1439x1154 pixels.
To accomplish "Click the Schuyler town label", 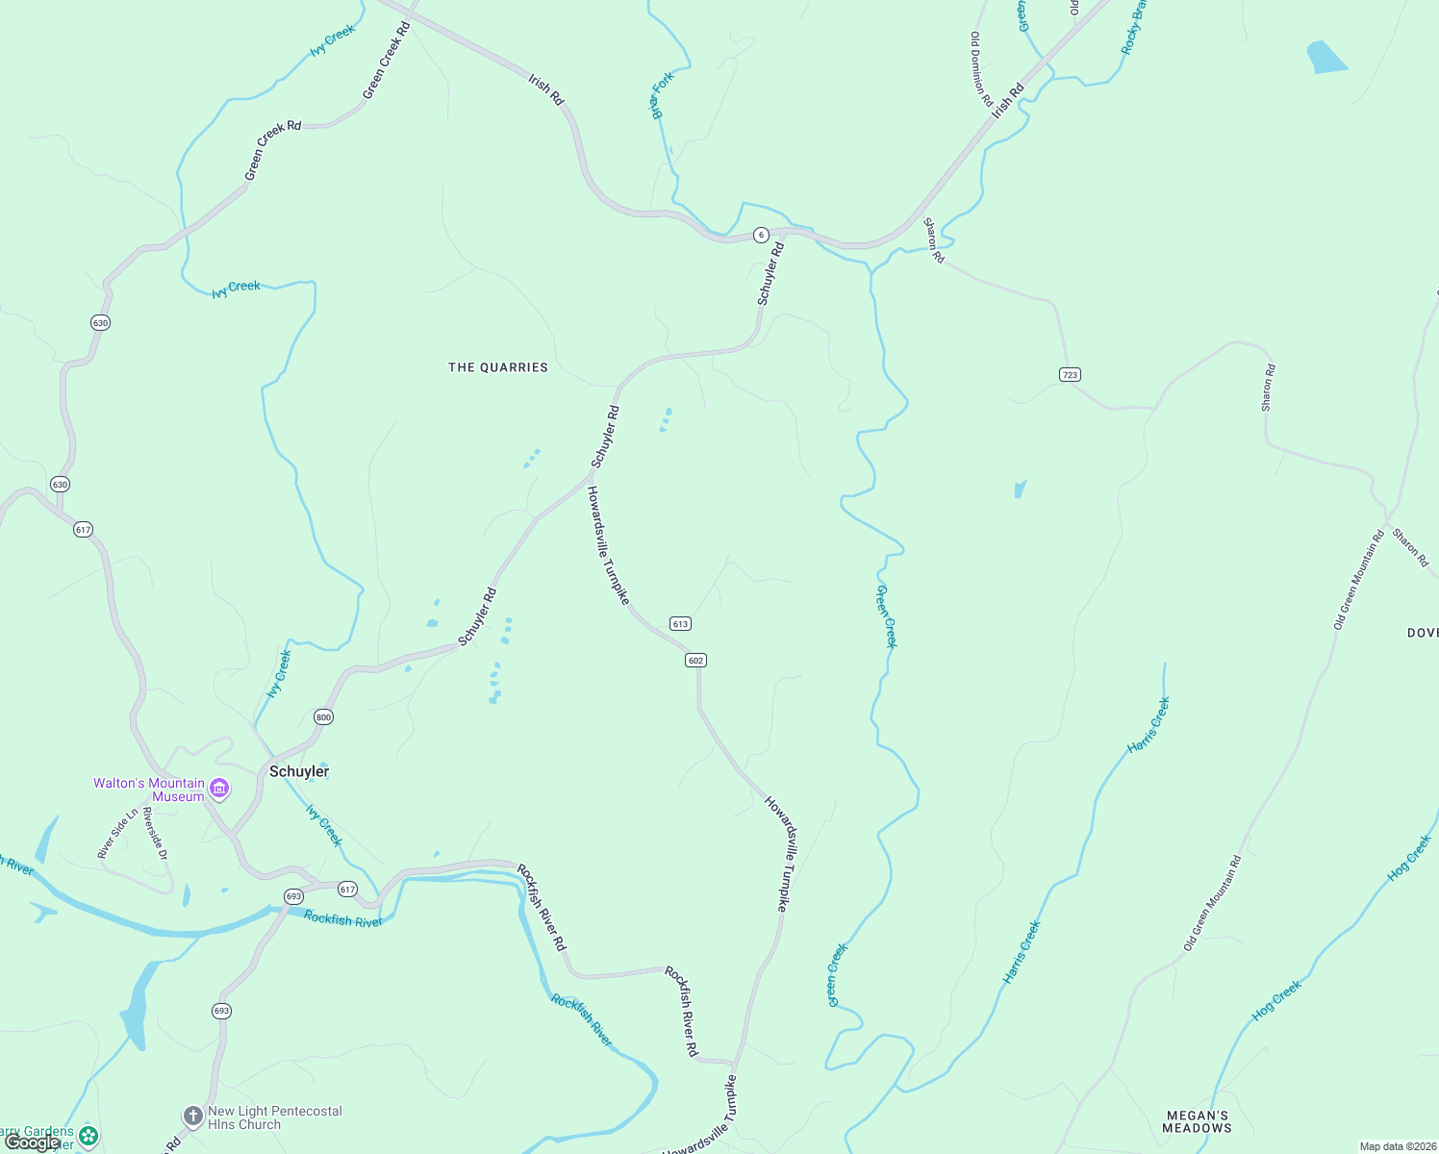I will (299, 771).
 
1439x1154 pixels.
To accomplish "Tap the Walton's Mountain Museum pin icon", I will (219, 790).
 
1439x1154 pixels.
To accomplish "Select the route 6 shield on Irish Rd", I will (761, 235).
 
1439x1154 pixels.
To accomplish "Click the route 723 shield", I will (1070, 374).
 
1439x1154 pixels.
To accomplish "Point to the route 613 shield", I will (680, 624).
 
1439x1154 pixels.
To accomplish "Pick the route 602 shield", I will (695, 661).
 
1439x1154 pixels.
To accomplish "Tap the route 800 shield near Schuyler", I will (323, 717).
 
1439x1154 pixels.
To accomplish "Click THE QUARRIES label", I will (498, 367).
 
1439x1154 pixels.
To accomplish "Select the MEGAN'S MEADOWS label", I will (1197, 1121).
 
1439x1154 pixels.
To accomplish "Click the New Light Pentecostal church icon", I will (192, 1116).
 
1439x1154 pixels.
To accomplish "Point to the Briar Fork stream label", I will (663, 95).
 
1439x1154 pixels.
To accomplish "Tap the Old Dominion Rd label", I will (981, 68).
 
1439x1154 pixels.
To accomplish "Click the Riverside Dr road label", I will (155, 833).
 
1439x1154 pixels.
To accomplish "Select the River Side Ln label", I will (117, 833).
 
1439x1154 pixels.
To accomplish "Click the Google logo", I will (32, 1141).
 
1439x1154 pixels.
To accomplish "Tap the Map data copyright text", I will (1398, 1146).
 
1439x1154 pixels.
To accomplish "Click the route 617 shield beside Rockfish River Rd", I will (347, 890).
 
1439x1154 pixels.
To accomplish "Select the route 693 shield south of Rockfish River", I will (221, 1011).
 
